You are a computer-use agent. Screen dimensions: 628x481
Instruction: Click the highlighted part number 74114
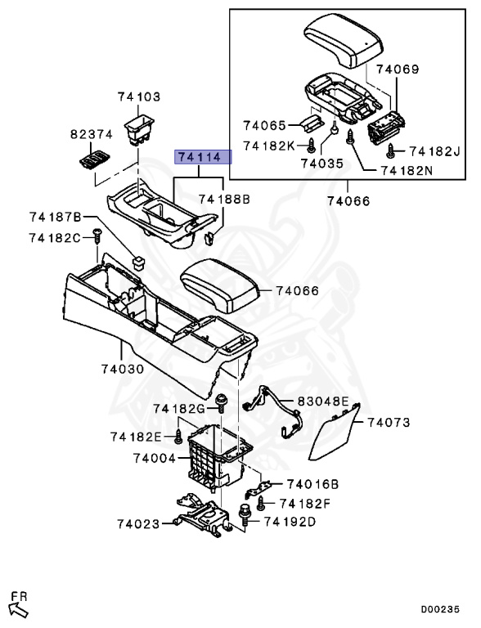click(x=200, y=157)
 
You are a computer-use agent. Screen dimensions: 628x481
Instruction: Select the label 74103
click(x=138, y=97)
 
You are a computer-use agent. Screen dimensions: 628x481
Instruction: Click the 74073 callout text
click(x=389, y=423)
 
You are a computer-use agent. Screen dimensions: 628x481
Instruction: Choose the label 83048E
click(x=322, y=401)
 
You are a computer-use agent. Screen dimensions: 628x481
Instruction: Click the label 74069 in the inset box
click(x=398, y=70)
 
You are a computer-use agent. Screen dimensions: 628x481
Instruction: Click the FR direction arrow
click(x=18, y=606)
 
